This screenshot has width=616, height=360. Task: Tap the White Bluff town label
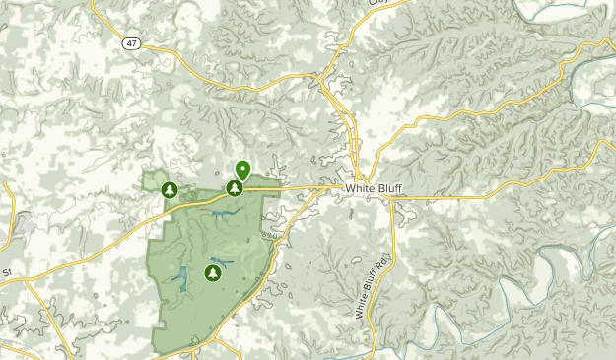pyautogui.click(x=374, y=188)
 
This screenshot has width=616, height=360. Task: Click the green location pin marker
pyautogui.click(x=242, y=170)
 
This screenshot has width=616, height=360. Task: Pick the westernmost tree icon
pyautogui.click(x=170, y=189)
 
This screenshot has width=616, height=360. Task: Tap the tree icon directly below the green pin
pyautogui.click(x=235, y=188)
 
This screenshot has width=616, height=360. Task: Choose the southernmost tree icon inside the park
pyautogui.click(x=212, y=272)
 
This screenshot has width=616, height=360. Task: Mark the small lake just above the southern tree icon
pyautogui.click(x=216, y=260)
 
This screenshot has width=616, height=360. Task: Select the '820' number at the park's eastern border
pyautogui.click(x=272, y=236)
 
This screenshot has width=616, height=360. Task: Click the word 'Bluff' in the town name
pyautogui.click(x=388, y=188)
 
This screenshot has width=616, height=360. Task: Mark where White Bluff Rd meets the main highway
pyautogui.click(x=392, y=200)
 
